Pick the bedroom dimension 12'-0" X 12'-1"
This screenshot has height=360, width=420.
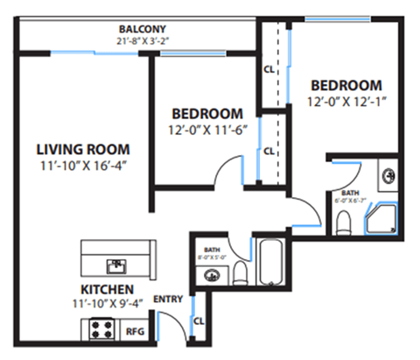[346, 101]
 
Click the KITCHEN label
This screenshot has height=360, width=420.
[107, 289]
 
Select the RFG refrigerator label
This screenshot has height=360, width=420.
[135, 331]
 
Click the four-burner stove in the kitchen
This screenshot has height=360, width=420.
[98, 330]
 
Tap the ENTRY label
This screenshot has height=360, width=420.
[167, 300]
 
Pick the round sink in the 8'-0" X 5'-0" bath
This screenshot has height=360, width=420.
[210, 276]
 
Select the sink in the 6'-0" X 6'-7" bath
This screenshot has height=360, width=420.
[387, 173]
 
